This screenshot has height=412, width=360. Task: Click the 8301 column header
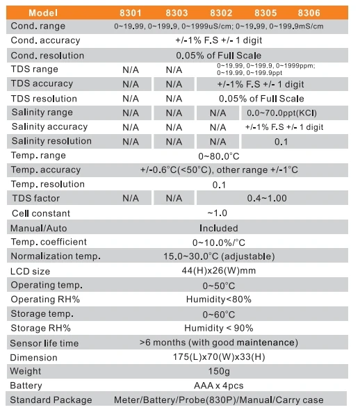131,13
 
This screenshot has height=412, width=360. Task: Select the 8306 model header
309,13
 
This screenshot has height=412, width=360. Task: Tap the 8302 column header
221,13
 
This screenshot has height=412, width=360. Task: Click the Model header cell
43,13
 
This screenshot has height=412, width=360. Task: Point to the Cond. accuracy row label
45,40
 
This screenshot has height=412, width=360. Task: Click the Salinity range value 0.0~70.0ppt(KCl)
281,113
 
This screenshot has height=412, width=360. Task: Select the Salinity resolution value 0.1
281,142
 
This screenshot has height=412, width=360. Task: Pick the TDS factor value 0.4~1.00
267,198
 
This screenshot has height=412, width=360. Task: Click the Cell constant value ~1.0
217,213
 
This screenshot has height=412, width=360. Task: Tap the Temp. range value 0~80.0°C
219,156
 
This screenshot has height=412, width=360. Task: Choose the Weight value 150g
219,371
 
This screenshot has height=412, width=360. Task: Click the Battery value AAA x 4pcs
219,386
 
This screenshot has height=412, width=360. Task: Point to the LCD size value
219,271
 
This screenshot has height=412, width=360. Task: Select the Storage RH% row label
41,328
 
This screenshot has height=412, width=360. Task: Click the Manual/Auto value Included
219,228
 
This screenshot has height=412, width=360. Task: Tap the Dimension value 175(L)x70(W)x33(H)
219,357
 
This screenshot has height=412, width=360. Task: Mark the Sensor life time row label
44,343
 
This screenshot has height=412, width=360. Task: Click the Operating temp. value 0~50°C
219,286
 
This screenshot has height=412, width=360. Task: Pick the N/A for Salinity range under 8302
218,113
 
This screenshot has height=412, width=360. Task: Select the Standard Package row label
51,400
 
